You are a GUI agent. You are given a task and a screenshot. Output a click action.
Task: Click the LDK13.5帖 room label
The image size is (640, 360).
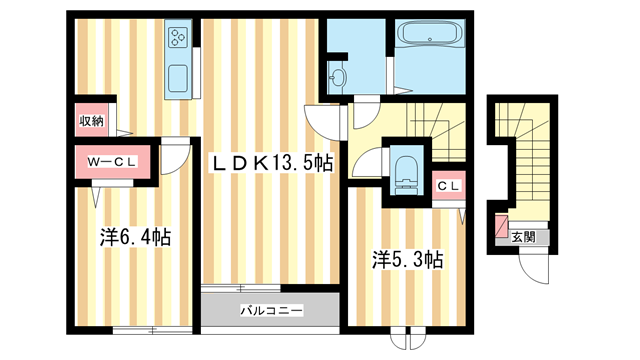click(x=271, y=164)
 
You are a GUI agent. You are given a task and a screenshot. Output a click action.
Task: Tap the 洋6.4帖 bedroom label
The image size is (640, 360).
click(x=135, y=237)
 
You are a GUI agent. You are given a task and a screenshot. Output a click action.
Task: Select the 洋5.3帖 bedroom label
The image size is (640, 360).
click(x=407, y=260)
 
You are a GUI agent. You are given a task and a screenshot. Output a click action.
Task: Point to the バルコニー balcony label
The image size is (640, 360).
click(x=271, y=311)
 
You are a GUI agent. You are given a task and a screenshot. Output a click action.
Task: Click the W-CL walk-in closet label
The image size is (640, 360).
click(x=111, y=162)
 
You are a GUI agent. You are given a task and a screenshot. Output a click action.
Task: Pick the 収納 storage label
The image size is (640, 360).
click(x=91, y=121)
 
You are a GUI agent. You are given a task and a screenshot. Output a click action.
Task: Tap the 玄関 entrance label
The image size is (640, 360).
click(x=523, y=236)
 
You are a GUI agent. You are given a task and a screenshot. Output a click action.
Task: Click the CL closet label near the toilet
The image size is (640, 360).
click(x=449, y=186)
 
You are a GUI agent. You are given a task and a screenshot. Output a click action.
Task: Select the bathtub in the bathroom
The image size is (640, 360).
click(x=430, y=33)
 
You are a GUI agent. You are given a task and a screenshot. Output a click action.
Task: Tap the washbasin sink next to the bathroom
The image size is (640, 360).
click(x=338, y=76)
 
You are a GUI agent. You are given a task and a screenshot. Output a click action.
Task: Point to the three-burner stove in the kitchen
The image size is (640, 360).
click(x=178, y=37)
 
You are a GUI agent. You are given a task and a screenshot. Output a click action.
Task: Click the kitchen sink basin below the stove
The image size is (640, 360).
click(x=178, y=79)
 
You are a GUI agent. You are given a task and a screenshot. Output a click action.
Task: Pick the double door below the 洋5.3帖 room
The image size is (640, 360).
click(x=408, y=338)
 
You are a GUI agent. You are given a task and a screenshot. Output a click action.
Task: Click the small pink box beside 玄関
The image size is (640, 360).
click(x=501, y=225)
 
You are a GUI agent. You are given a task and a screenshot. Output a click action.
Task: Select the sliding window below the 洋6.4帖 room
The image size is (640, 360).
click(x=152, y=330)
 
